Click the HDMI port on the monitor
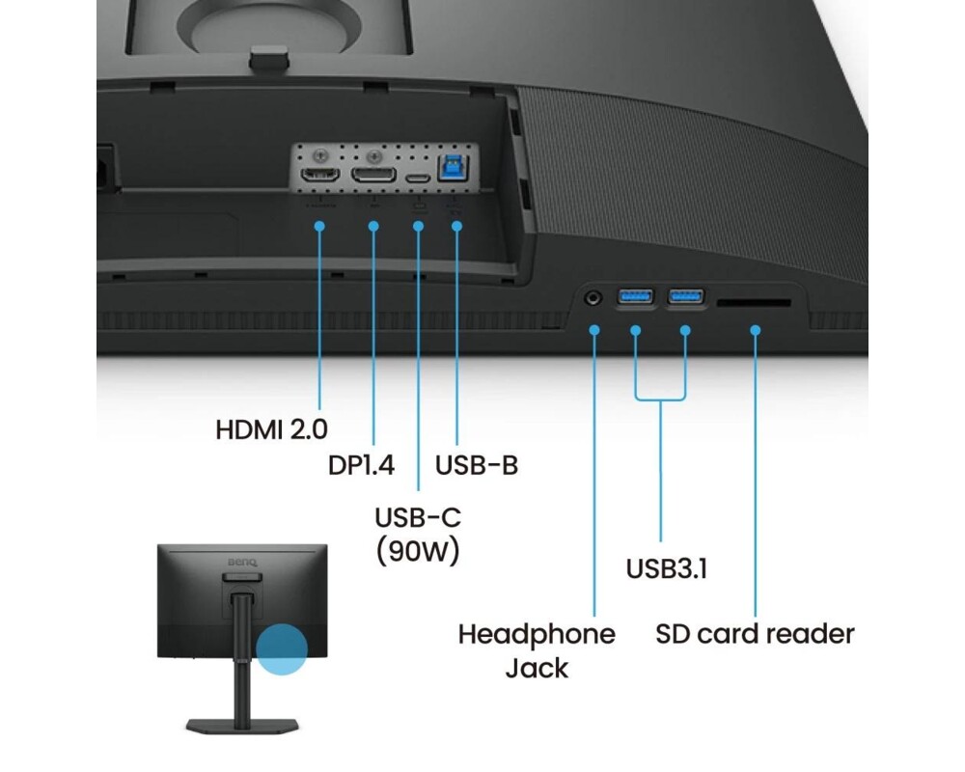(319, 177)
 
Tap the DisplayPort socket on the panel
(373, 177)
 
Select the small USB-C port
(418, 179)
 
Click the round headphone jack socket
(593, 297)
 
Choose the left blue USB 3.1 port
(636, 295)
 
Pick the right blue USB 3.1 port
(686, 295)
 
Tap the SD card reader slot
(754, 303)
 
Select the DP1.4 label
(362, 464)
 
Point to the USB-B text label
(477, 464)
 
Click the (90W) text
(417, 551)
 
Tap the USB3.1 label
(667, 567)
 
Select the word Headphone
(537, 634)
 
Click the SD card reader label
(755, 634)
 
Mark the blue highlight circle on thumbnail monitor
(282, 648)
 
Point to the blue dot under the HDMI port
(319, 225)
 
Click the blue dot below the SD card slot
(756, 330)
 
